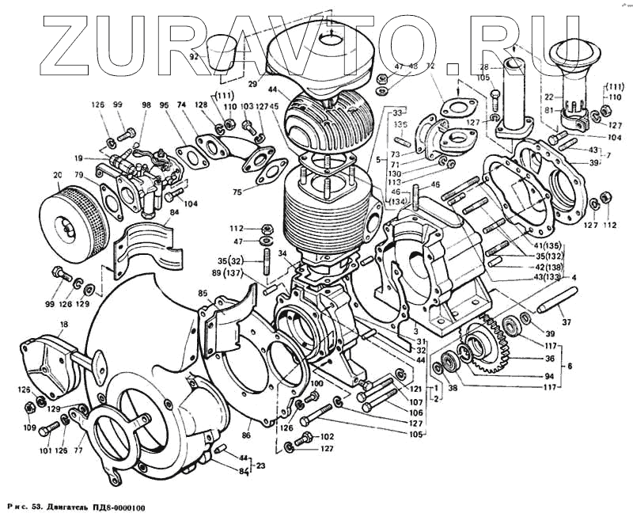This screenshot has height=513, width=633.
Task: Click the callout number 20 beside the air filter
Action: pyautogui.click(x=56, y=175)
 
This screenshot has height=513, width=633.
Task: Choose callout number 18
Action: pyautogui.click(x=64, y=325)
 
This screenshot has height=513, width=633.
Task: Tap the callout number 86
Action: pyautogui.click(x=246, y=435)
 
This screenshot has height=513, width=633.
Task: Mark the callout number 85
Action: pyautogui.click(x=203, y=292)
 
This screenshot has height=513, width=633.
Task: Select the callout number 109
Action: pyautogui.click(x=29, y=427)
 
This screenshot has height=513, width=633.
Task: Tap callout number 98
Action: pyautogui.click(x=145, y=105)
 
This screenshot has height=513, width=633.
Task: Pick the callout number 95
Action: pyautogui.click(x=164, y=105)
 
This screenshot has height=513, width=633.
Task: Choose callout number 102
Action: pyautogui.click(x=328, y=436)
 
